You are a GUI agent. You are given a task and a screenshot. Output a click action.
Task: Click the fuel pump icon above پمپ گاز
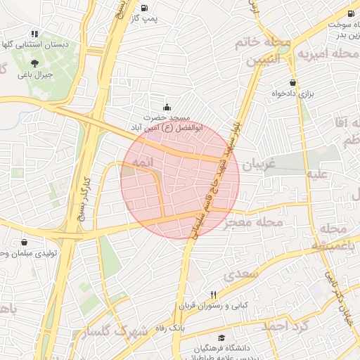click(x=144, y=8)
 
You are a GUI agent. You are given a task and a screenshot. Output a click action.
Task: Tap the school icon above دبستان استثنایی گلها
click(x=34, y=33)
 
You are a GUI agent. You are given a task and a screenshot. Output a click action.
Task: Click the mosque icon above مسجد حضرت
click(x=167, y=107)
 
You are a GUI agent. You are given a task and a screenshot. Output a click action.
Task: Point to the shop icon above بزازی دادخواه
click(x=292, y=82)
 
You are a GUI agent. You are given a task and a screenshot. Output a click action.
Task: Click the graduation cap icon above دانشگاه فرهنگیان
click(x=222, y=338)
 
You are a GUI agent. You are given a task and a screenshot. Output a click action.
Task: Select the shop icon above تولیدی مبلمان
click(x=25, y=242)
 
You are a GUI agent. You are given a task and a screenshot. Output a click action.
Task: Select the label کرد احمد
click(x=285, y=326)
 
